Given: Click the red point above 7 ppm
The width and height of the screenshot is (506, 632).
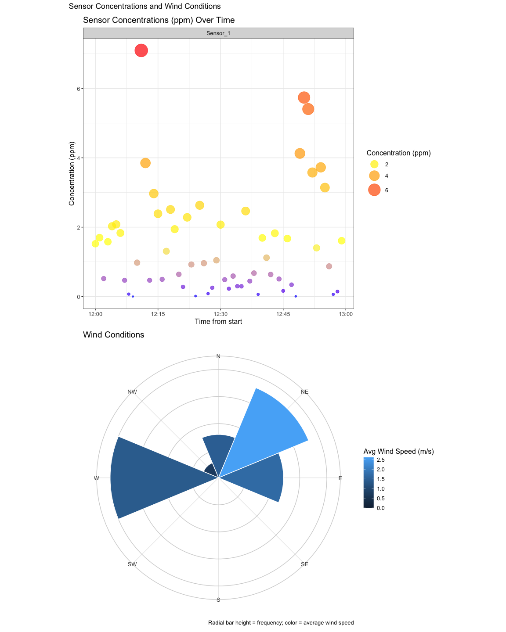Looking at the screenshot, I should (x=141, y=50).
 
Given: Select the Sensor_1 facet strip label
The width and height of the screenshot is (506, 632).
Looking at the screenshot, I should (x=218, y=33).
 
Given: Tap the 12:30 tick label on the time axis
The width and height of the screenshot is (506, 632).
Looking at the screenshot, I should (x=220, y=314).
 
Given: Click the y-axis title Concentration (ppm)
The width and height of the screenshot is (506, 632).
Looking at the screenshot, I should (x=72, y=173).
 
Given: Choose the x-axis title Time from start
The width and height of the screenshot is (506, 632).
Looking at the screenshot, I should (x=218, y=322).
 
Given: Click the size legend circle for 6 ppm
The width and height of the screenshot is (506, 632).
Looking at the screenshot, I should (x=374, y=190).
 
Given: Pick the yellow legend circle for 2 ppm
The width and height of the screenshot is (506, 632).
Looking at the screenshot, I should (x=374, y=164).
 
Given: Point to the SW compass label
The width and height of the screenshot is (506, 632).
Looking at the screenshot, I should (x=132, y=564).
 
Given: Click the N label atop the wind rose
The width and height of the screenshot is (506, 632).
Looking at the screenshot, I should (x=218, y=356).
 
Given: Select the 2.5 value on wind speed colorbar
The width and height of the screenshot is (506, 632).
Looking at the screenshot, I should (x=381, y=460).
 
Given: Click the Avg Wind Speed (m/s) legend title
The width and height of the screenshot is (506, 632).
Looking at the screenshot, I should (x=398, y=452).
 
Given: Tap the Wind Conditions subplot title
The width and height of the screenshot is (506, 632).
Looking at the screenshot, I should (x=113, y=335).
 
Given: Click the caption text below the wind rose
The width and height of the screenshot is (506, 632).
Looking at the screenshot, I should (x=281, y=623).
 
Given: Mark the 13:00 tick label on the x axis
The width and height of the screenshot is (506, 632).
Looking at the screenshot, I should (x=345, y=314).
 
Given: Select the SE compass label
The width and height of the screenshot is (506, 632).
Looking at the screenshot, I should (x=304, y=564).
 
